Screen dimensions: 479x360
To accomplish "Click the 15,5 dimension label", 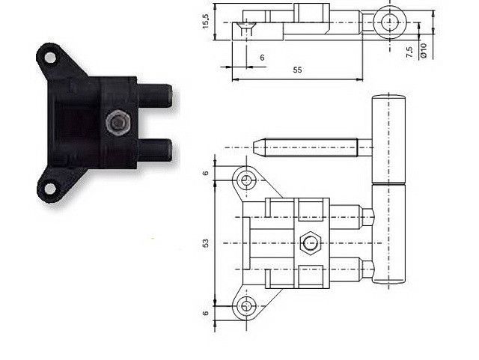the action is (206, 22).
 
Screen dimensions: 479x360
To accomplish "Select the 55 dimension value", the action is (297, 70).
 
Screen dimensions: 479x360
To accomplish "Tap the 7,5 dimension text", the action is (409, 52).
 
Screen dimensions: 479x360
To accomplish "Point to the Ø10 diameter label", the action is (424, 51).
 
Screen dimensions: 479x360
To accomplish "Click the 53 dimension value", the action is (206, 243).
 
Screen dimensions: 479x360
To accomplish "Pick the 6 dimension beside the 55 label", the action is (262, 58).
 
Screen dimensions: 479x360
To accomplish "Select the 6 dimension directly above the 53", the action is (206, 173).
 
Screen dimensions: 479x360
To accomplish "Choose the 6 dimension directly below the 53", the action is (206, 313).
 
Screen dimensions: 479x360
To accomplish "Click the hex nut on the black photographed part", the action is (118, 123).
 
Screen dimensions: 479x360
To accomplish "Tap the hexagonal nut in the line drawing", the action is (310, 243).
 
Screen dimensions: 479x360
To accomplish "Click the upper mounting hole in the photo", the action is (50, 58).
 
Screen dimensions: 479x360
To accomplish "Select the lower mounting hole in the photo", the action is (50, 189).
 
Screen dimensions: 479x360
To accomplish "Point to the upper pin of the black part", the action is (154, 95).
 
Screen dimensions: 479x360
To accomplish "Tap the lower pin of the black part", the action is (154, 150).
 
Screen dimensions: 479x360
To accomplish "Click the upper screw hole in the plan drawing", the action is (246, 180).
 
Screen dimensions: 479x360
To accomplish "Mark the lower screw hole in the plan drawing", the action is (246, 306).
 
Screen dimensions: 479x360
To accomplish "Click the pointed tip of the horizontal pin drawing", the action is (253, 147).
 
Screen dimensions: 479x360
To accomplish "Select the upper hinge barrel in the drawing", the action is (388, 139).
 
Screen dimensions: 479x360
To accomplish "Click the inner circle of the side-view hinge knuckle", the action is (390, 22).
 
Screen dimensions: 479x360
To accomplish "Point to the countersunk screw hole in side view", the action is (246, 28).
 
